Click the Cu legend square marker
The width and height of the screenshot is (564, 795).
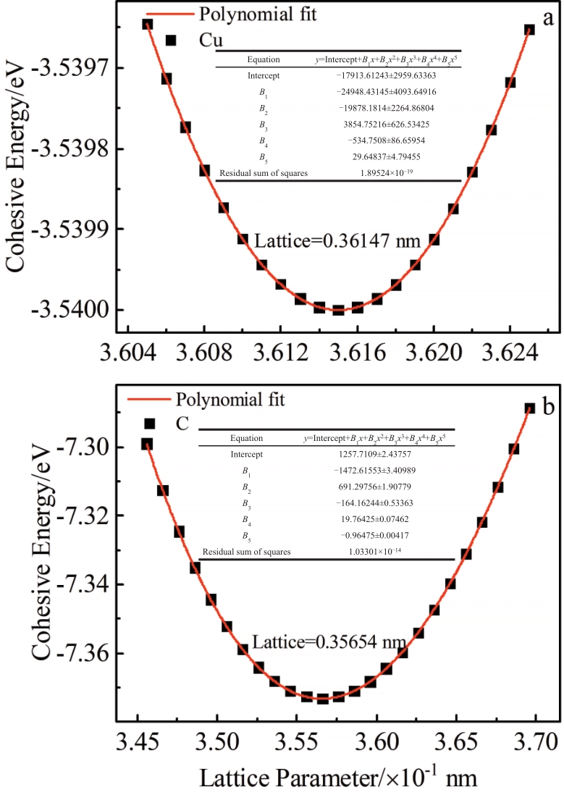[x=172, y=41]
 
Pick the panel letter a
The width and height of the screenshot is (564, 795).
[x=547, y=18]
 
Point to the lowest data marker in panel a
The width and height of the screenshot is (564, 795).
[x=338, y=311]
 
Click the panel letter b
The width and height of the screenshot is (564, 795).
[x=548, y=408]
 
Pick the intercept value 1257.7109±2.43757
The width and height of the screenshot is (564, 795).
[x=374, y=455]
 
